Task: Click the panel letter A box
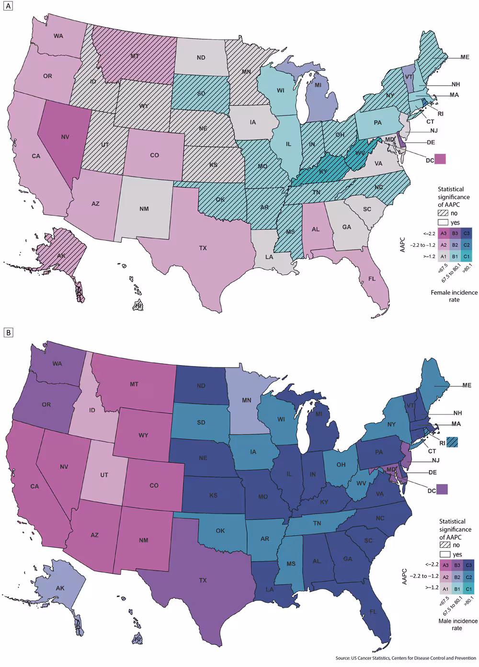click(7, 7)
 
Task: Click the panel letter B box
click(7, 332)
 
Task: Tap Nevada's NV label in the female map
click(65, 137)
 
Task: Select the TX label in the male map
click(203, 580)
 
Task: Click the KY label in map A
click(323, 172)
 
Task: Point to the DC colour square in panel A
click(440, 159)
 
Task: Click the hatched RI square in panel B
click(452, 442)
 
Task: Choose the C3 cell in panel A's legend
click(467, 233)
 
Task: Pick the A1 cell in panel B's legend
click(445, 589)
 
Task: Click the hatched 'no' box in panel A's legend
click(443, 213)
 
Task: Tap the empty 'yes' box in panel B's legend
click(445, 554)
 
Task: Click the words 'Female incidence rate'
click(454, 296)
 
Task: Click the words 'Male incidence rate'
click(457, 624)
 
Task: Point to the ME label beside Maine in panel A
click(465, 57)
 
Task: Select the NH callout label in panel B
click(457, 413)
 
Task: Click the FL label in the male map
click(373, 612)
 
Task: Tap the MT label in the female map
click(135, 56)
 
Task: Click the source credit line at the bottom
click(405, 658)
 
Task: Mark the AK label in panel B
click(60, 588)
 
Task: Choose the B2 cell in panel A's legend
click(455, 245)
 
